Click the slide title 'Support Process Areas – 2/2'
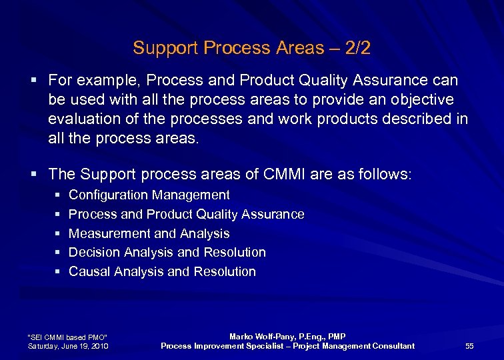[x=251, y=48]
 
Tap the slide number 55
[x=469, y=346]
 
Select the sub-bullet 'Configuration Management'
[x=149, y=195]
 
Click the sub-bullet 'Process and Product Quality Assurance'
[x=187, y=215]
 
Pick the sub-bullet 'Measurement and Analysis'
[x=149, y=234]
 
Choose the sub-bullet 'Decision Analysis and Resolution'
[x=167, y=253]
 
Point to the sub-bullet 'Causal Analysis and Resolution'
[x=163, y=272]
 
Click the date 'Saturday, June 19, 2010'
[x=69, y=346]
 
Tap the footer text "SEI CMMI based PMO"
[x=67, y=336]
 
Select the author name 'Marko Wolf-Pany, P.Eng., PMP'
[x=287, y=337]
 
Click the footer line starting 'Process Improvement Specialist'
[x=287, y=346]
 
